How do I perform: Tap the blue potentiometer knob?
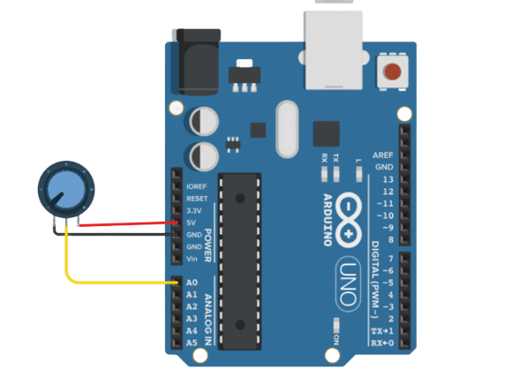(61, 187)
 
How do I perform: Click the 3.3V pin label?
(194, 211)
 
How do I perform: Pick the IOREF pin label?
(197, 186)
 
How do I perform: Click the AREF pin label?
(384, 155)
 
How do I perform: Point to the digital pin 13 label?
(388, 179)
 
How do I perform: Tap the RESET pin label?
(196, 199)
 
